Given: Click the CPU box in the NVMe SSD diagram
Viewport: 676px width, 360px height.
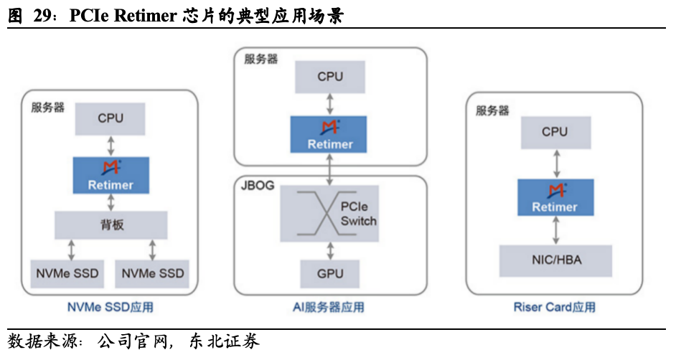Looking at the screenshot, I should coord(111,119).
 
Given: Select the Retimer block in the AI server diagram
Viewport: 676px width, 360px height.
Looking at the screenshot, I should coord(329,135).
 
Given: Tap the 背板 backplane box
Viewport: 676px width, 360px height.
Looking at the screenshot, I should coord(111,225).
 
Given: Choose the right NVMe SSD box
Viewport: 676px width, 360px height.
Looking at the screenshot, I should coord(152,273).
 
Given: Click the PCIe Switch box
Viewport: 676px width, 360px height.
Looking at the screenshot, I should coord(329,214).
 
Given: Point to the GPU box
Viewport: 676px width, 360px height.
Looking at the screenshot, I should coord(329,274).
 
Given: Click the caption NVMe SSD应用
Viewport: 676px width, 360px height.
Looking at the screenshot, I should coord(111,308).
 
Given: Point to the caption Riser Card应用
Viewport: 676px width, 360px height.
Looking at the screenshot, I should coord(555,308).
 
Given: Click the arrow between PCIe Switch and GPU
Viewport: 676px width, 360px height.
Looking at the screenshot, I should coord(329,250).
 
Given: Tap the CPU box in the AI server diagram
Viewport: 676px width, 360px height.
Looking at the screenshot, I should coord(329,76).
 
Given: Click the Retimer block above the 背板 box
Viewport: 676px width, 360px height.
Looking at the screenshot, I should coord(111,175).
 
